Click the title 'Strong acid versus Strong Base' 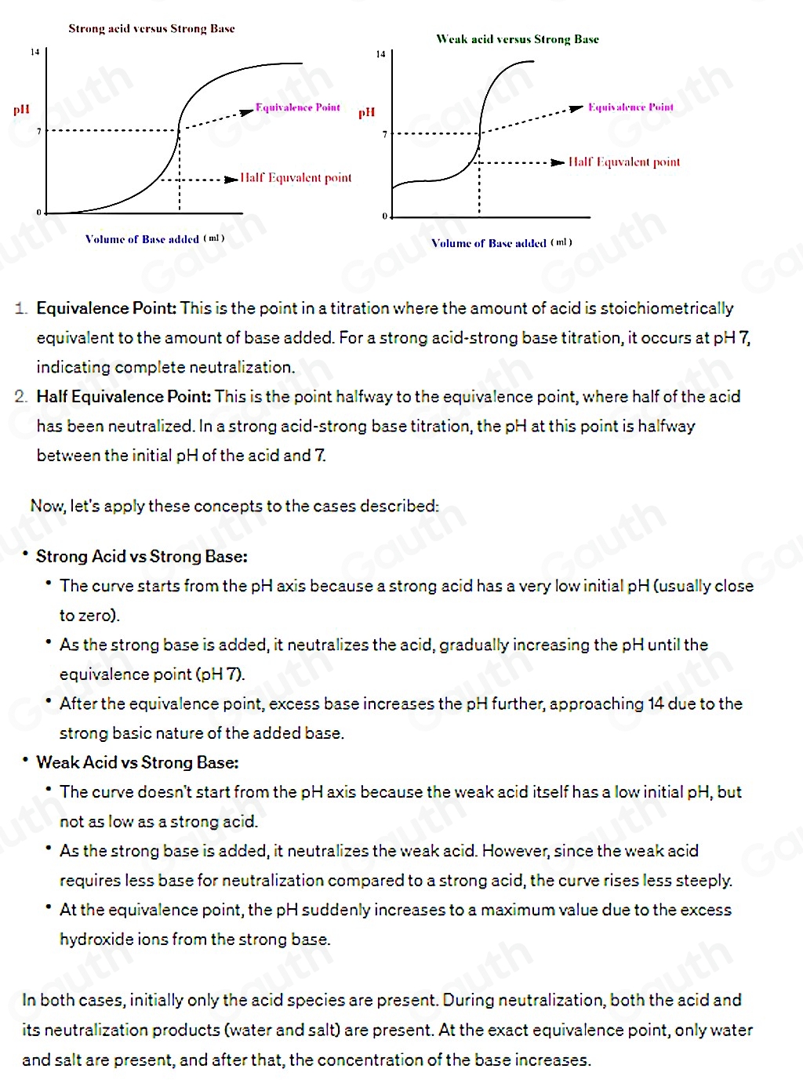point(151,29)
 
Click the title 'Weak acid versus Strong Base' point(518,39)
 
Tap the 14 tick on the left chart point(34,53)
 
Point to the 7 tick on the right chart point(384,134)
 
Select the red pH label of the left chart point(21,109)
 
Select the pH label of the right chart point(367,113)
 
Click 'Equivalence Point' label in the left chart point(298,107)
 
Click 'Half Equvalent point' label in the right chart point(624,162)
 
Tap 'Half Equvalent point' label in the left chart point(296,178)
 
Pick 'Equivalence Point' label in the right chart point(630,107)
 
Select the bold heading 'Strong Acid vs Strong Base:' point(142,557)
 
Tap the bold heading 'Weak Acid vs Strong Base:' point(137,763)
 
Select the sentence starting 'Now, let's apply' point(234,507)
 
